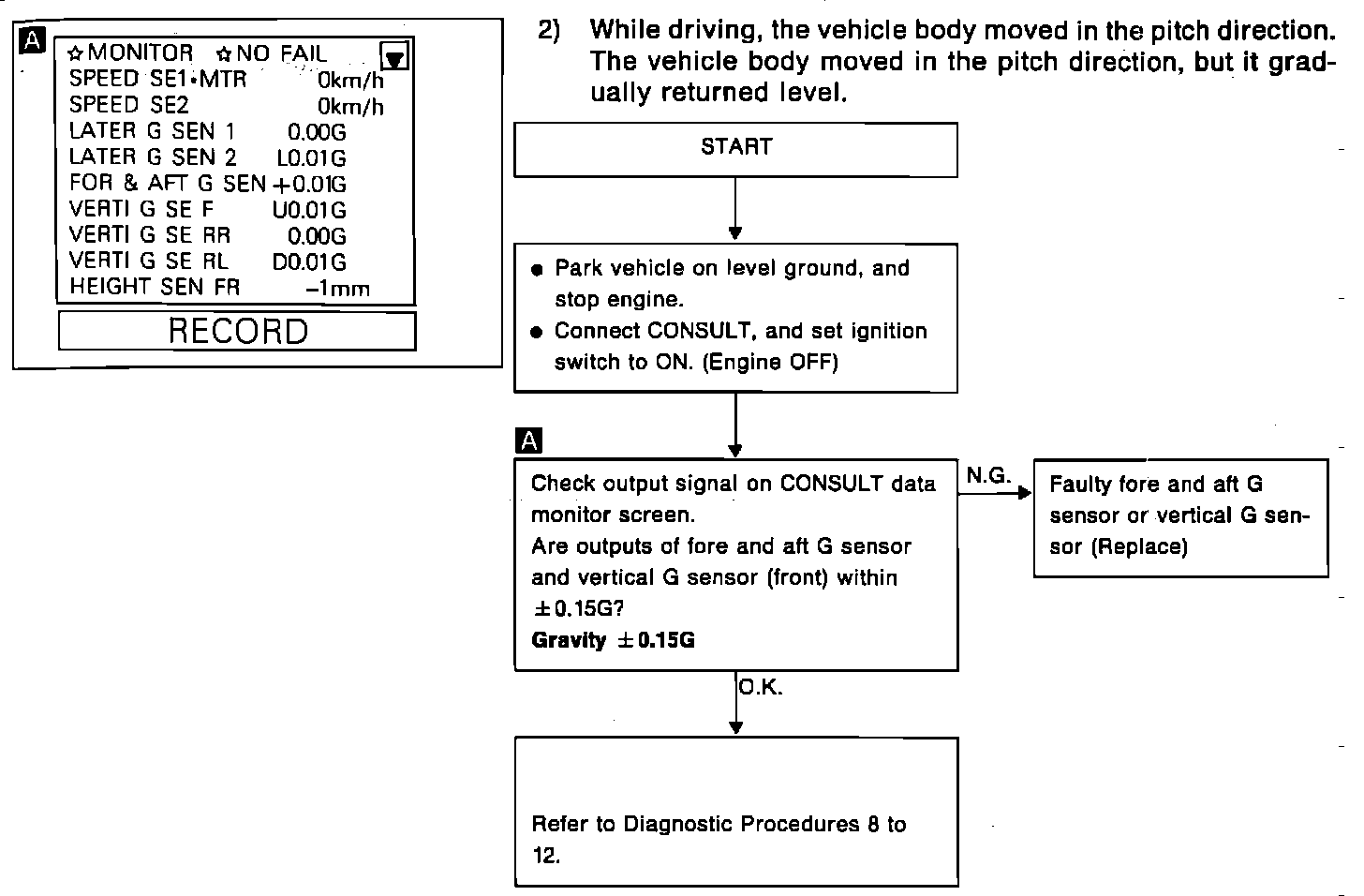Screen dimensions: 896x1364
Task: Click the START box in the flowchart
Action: coord(735,148)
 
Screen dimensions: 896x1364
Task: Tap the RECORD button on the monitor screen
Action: coord(237,331)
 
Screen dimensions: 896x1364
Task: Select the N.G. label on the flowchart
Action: coord(988,476)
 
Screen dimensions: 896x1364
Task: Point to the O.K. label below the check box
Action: coord(760,687)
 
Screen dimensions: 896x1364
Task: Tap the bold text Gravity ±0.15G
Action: coord(613,640)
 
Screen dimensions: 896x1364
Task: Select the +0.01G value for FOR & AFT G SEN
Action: coord(308,185)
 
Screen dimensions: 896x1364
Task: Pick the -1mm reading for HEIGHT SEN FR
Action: coord(337,290)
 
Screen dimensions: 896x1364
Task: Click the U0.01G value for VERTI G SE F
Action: coord(309,211)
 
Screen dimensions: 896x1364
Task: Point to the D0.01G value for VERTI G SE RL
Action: coord(309,262)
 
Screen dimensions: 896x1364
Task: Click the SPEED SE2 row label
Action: coord(128,105)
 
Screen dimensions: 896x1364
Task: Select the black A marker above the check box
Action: coord(528,441)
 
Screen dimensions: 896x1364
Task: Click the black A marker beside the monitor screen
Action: coord(32,39)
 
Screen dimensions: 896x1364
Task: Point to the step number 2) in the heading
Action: coord(549,30)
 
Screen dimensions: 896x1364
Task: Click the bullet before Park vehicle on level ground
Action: coord(537,270)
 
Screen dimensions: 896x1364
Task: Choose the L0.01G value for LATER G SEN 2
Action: coord(311,158)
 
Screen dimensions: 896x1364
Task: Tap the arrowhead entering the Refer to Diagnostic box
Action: coord(735,727)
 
